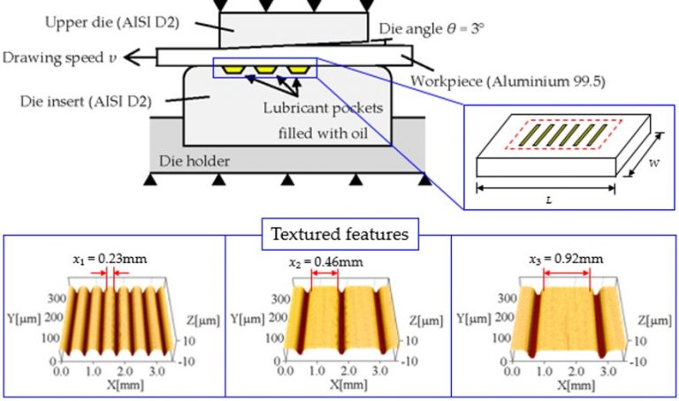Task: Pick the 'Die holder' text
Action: (190, 162)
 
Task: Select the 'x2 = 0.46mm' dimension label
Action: (326, 262)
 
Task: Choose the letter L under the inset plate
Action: (548, 202)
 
